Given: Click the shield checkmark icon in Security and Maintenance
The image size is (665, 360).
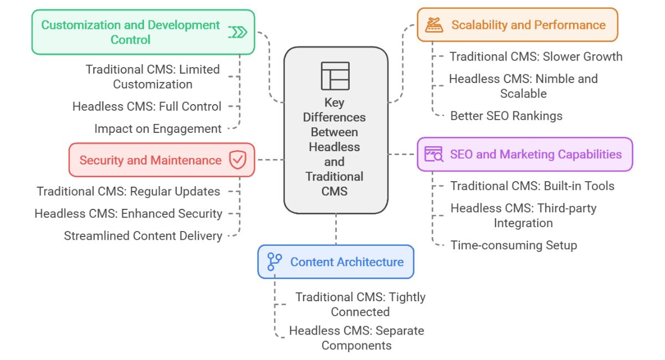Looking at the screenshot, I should tap(238, 160).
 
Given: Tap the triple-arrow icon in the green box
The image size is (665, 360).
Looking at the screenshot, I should tap(238, 32).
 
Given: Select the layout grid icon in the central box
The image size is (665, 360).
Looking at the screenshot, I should tap(335, 76).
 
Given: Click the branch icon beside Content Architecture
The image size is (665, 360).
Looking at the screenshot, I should tap(274, 261).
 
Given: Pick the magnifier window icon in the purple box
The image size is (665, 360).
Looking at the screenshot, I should tap(434, 154).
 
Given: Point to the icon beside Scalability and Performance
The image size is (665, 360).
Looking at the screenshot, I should tap(434, 25).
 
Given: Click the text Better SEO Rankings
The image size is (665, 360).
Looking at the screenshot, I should tap(506, 116).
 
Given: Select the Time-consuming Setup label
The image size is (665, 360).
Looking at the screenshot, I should tap(513, 245).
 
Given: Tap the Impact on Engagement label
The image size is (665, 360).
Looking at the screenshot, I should tap(158, 128).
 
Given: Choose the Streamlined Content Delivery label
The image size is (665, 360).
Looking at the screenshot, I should tap(143, 236).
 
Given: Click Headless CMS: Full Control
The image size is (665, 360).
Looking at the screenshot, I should tap(147, 106).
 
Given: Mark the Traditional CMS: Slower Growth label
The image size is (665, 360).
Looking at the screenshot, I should tap(536, 56).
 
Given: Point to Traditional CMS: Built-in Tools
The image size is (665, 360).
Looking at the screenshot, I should tap(532, 186).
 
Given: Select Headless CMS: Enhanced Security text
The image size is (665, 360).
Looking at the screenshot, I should tap(128, 213).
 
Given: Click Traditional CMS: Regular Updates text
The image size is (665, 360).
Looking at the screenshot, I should tap(128, 192).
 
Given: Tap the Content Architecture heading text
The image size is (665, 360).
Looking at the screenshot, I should tap(347, 262).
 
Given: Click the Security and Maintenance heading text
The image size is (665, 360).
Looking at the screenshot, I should tap(150, 161).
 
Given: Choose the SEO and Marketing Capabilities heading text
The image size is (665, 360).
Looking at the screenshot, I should tap(535, 155).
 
